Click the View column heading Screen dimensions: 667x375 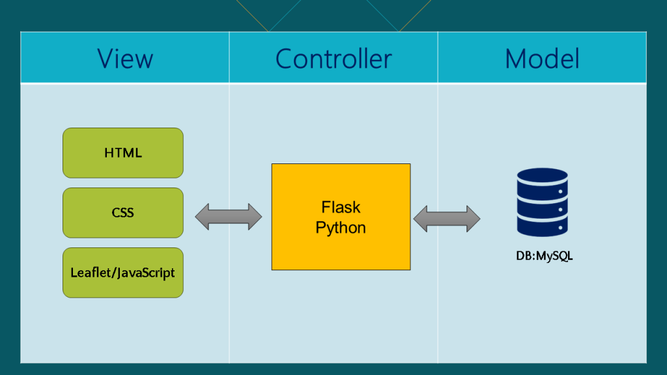pyautogui.click(x=125, y=59)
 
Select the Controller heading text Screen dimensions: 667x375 pyautogui.click(x=333, y=59)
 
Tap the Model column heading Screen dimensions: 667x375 pyautogui.click(x=542, y=59)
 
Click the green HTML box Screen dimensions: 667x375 pyautogui.click(x=123, y=153)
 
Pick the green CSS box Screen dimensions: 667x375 pyautogui.click(x=123, y=213)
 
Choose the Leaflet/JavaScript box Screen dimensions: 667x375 pyautogui.click(x=123, y=273)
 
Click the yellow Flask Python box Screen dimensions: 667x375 pyautogui.click(x=341, y=217)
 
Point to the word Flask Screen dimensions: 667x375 pyautogui.click(x=341, y=208)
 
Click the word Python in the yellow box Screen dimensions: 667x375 pyautogui.click(x=341, y=228)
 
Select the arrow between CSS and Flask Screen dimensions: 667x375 pyautogui.click(x=229, y=217)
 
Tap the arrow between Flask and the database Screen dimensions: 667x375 pyautogui.click(x=447, y=219)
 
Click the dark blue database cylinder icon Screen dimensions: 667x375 pyautogui.click(x=543, y=202)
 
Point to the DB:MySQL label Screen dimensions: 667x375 pyautogui.click(x=545, y=256)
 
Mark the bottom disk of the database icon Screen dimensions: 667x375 pyautogui.click(x=543, y=227)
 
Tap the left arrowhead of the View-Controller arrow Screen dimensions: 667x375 pyautogui.click(x=202, y=217)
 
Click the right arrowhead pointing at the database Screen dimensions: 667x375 pyautogui.click(x=474, y=219)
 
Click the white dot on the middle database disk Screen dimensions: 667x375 pyautogui.click(x=561, y=210)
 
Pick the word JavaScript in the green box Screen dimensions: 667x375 pyautogui.click(x=145, y=273)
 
